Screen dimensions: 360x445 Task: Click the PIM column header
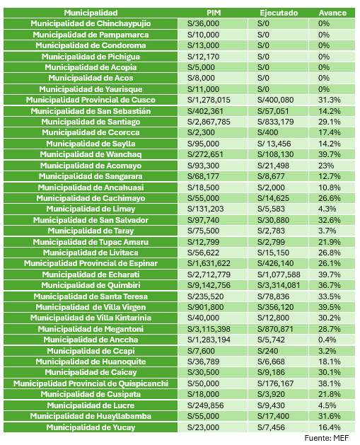[214, 13]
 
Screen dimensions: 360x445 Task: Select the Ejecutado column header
[279, 13]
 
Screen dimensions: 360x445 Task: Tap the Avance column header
[332, 13]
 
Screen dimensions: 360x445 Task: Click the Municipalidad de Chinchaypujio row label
[91, 23]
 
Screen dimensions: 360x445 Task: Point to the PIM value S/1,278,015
[209, 100]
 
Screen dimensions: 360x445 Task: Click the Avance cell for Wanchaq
[329, 154]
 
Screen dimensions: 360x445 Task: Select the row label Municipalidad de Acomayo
[91, 166]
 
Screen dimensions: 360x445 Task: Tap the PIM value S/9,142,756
[209, 285]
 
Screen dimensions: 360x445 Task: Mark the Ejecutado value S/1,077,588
[279, 274]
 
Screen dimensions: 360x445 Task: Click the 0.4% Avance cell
[327, 340]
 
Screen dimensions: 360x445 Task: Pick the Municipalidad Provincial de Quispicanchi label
[91, 383]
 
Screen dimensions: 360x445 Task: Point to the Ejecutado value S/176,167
[275, 383]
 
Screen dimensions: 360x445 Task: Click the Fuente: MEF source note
[327, 438]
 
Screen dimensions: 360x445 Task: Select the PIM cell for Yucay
[203, 427]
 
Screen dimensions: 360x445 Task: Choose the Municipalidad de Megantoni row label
[91, 329]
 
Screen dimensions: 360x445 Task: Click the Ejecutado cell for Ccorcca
[268, 132]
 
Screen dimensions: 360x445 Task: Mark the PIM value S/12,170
[203, 57]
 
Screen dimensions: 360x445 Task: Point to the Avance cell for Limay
[327, 209]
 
